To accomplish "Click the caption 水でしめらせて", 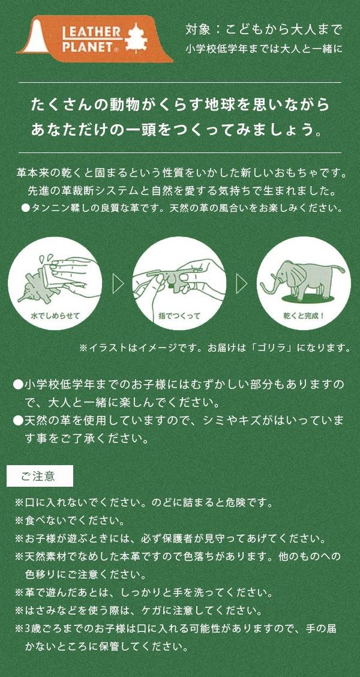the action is tap(55, 316).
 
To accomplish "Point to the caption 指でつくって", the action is tap(179, 316).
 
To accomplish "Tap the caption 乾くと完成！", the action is tap(304, 316).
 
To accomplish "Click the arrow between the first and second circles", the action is tap(118, 283).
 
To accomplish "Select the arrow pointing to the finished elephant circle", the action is tap(242, 283).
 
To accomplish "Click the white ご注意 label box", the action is tap(40, 476).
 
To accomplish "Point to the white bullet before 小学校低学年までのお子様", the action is tap(17, 384).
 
